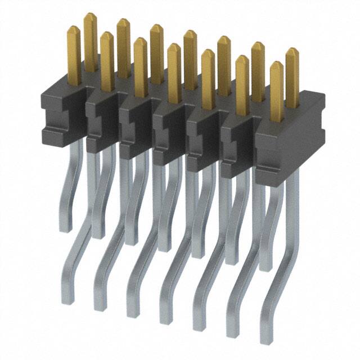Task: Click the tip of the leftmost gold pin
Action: coord(74,28)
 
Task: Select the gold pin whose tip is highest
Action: coord(90,15)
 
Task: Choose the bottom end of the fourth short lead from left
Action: coord(164,248)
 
